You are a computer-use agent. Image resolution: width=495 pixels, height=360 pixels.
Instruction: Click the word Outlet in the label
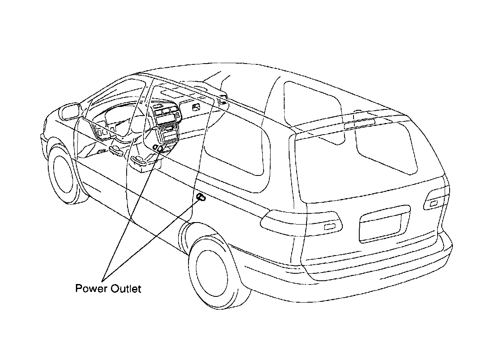(126, 289)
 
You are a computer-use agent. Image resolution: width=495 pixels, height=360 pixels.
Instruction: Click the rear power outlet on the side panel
(201, 197)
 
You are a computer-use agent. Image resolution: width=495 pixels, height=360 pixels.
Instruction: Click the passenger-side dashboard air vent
(197, 108)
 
